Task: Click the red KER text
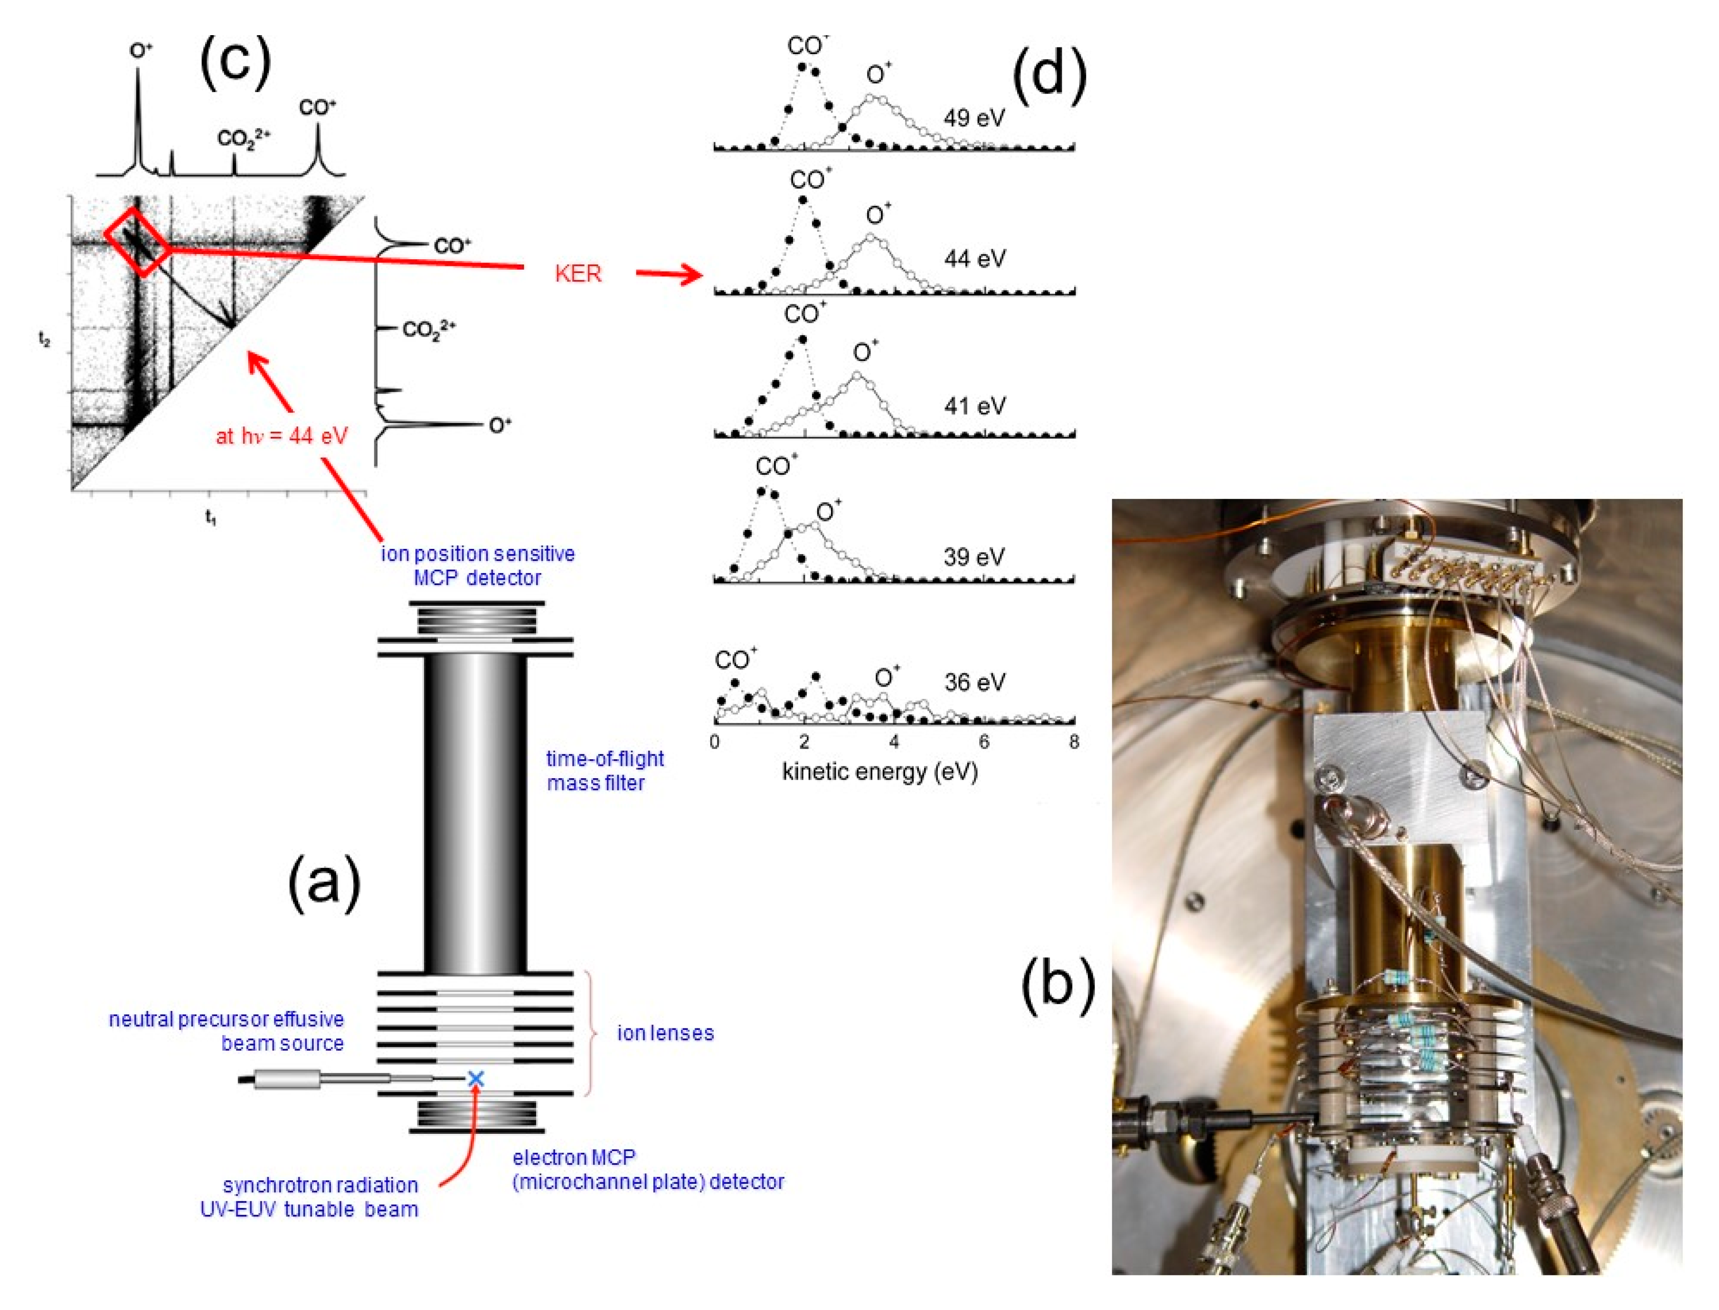pyautogui.click(x=578, y=273)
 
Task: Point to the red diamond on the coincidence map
pyautogui.click(x=137, y=240)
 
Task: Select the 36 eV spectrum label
pyautogui.click(x=974, y=682)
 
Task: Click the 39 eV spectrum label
pyautogui.click(x=974, y=557)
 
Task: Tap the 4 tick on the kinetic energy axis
pyautogui.click(x=894, y=742)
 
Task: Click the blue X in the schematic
pyautogui.click(x=475, y=1078)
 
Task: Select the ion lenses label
pyautogui.click(x=665, y=1033)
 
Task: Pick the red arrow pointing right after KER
pyautogui.click(x=669, y=273)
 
